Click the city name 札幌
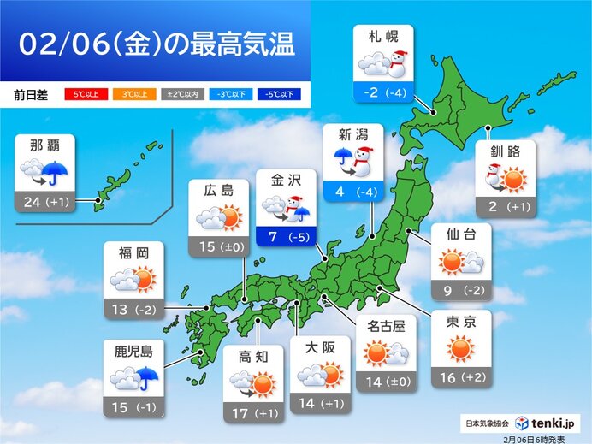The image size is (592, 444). tap(382, 38)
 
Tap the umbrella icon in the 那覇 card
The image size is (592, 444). tap(58, 173)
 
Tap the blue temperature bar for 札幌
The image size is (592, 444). tap(382, 92)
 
